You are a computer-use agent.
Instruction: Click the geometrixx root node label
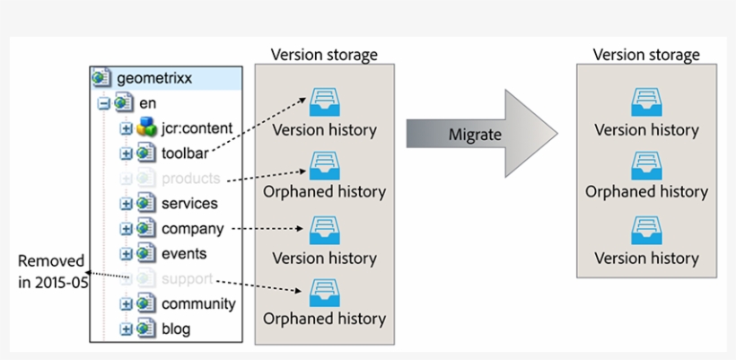click(153, 78)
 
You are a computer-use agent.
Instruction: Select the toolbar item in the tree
click(185, 153)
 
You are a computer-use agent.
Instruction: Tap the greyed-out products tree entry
click(190, 178)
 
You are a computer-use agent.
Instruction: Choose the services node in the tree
click(188, 203)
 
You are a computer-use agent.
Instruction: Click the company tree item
click(192, 228)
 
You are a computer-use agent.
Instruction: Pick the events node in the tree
click(184, 253)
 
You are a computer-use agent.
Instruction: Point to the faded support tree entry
click(187, 278)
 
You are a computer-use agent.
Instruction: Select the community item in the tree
click(198, 303)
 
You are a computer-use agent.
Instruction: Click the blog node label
click(176, 329)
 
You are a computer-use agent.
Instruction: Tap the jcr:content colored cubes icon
click(146, 128)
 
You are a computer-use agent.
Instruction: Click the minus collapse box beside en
click(105, 103)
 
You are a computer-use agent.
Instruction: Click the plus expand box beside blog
click(127, 329)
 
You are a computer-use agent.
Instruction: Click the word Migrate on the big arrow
click(475, 134)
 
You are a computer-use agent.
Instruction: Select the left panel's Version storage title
click(324, 55)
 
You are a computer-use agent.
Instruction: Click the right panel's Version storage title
click(646, 55)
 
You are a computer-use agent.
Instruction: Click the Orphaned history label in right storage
click(646, 191)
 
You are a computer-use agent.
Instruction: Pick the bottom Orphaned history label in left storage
click(324, 318)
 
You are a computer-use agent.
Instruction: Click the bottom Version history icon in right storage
click(646, 229)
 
